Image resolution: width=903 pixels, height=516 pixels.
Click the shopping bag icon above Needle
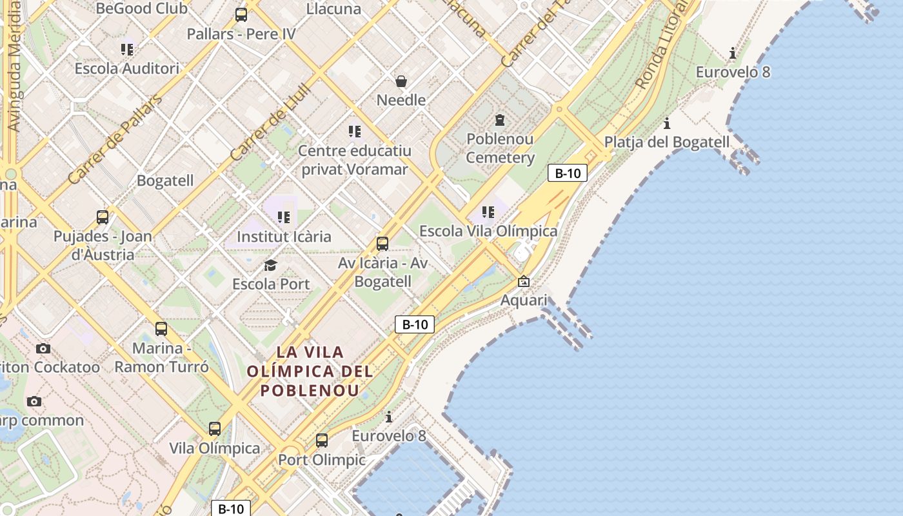click(x=401, y=81)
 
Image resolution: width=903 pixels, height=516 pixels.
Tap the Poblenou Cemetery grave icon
click(x=499, y=120)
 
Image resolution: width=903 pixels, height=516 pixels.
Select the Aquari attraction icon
click(x=524, y=282)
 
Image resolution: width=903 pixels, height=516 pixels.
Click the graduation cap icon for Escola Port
click(x=271, y=265)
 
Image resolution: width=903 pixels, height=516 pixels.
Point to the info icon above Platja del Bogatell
click(x=667, y=123)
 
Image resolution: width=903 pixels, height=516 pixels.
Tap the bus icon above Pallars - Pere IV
click(x=241, y=15)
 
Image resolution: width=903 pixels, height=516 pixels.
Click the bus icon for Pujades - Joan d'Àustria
click(x=103, y=217)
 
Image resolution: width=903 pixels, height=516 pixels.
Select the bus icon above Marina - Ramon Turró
click(x=161, y=329)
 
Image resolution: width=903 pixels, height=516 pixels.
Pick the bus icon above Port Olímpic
click(x=322, y=441)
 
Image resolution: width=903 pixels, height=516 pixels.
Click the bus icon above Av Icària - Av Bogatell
click(x=382, y=244)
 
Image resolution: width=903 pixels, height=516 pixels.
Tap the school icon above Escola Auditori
click(x=127, y=50)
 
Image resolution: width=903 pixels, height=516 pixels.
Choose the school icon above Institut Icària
click(x=284, y=217)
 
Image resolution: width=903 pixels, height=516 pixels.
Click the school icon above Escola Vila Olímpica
click(x=488, y=212)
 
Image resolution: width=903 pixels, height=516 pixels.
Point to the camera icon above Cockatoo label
click(x=43, y=349)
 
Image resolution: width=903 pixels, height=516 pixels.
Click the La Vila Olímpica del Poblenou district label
click(x=310, y=371)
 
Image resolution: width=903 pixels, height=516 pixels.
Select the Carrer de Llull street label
click(x=271, y=123)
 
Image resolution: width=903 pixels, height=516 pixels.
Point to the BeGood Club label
click(x=141, y=8)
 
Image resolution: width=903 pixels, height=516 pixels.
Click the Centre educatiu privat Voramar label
click(x=354, y=160)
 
